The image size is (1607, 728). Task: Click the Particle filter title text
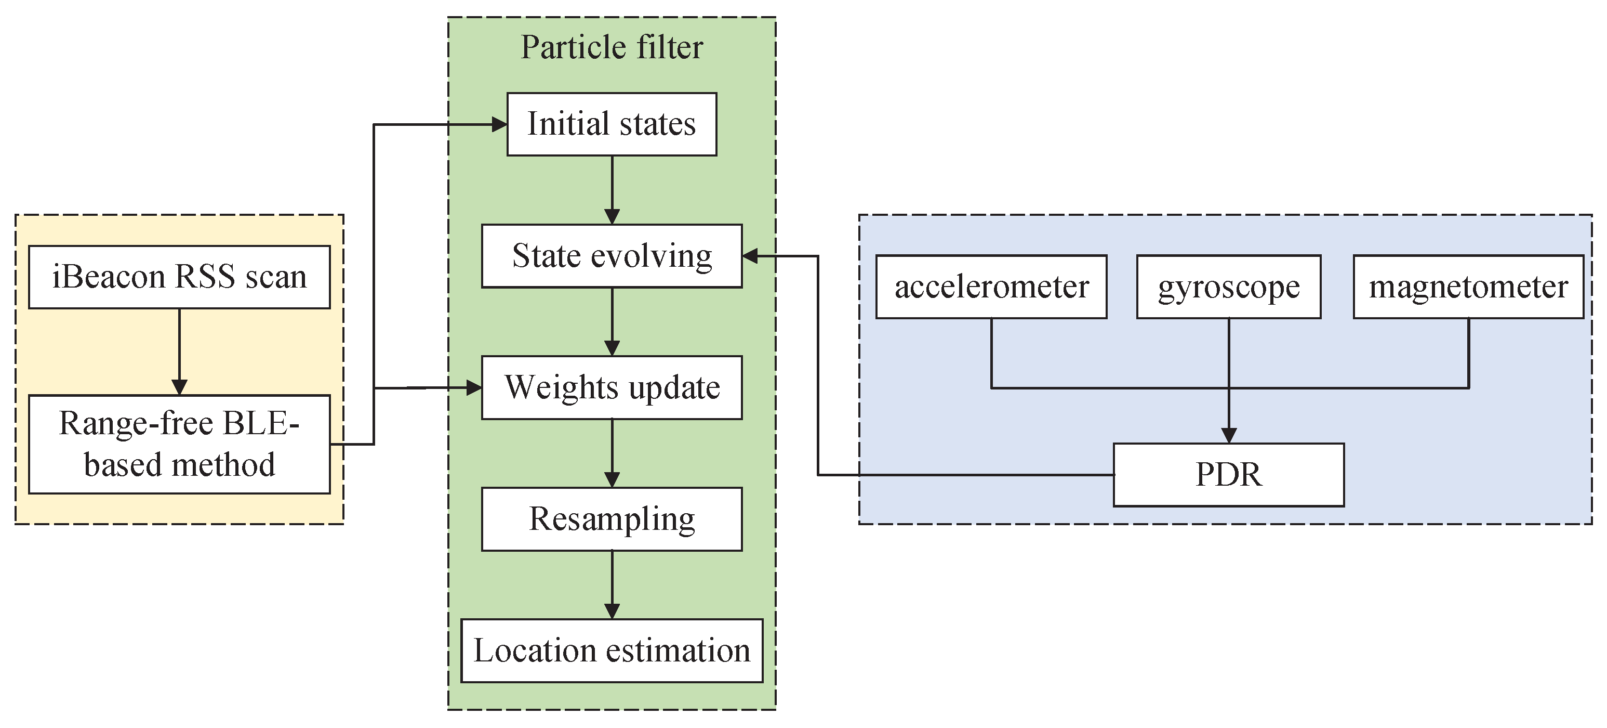[x=612, y=47]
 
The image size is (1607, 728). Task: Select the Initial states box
[x=612, y=124]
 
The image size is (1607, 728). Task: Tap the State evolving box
[x=612, y=256]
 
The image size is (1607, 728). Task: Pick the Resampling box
[x=612, y=519]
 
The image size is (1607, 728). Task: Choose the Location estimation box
[x=612, y=651]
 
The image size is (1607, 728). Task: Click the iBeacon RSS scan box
[x=179, y=277]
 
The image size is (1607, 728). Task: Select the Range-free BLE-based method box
[x=179, y=444]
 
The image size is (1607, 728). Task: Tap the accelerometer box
[x=991, y=287]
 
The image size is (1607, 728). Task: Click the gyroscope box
[x=1228, y=287]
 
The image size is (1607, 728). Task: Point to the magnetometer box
[x=1468, y=287]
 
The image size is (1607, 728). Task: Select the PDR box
[x=1228, y=475]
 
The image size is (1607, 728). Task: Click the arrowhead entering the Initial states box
[x=499, y=125]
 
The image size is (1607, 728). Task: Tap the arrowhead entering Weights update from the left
[x=474, y=388]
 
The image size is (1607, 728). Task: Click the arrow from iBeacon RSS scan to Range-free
[x=179, y=349]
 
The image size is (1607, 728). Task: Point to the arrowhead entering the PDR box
[x=1228, y=435]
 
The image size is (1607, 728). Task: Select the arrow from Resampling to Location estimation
[x=612, y=584]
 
